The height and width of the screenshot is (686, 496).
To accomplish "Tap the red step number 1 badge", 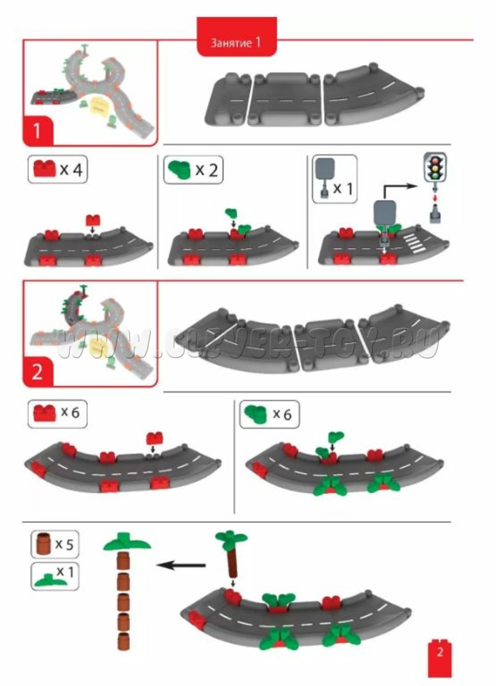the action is tap(38, 130).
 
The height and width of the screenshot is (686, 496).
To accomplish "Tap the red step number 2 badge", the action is tap(38, 372).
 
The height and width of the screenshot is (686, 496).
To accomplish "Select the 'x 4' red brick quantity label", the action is tap(58, 169).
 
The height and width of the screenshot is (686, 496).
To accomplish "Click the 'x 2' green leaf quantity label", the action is tap(194, 170).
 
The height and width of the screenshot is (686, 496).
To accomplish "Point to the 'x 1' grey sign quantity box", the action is tap(334, 179).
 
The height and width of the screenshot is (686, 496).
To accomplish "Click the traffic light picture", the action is tap(435, 167).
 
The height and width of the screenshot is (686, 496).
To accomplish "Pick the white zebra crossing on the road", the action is tap(414, 244).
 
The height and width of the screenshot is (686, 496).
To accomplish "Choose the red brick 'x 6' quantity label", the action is tap(58, 412).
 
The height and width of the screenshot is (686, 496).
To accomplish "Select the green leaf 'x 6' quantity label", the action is tap(269, 414).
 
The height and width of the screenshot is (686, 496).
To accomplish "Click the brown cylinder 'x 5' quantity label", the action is tap(54, 544).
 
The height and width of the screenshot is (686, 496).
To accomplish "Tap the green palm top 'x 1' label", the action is tap(54, 576).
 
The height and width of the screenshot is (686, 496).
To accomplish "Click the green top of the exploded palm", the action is tap(127, 542).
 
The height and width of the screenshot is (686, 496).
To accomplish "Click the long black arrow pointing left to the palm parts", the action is tap(181, 565).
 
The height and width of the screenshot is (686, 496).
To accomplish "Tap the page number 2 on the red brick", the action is tap(440, 652).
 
